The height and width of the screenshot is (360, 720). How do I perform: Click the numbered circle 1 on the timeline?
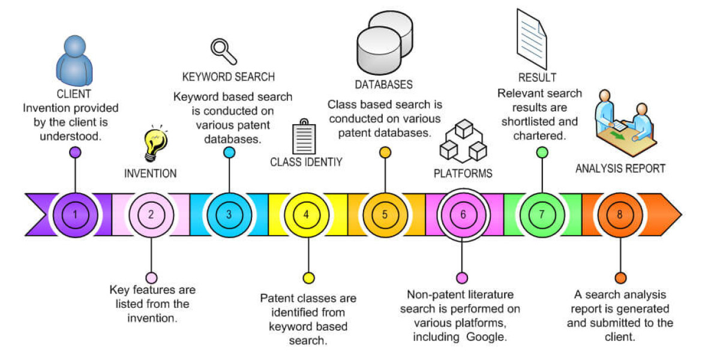point(74,214)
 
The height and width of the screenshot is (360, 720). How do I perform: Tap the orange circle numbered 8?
point(620,214)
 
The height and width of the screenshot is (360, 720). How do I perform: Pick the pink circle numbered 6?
point(462,214)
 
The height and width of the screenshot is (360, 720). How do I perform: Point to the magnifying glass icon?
point(223,50)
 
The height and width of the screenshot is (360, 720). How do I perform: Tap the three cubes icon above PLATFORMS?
point(462,142)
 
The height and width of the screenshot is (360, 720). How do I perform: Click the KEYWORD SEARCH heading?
point(228,77)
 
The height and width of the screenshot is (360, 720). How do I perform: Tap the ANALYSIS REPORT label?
point(620,169)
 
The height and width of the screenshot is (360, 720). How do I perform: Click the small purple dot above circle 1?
point(75,152)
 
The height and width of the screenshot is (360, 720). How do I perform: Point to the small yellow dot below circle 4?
point(308,278)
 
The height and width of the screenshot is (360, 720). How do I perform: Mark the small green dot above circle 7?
point(542,152)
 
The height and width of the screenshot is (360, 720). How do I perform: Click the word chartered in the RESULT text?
point(539,136)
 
